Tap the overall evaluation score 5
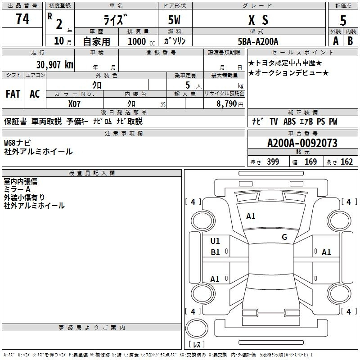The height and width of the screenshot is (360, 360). point(343,20)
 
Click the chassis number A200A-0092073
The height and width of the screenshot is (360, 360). point(302,143)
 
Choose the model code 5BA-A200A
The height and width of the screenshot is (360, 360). point(258,41)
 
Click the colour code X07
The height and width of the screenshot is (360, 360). point(75,103)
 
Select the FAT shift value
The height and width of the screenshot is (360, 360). point(13,94)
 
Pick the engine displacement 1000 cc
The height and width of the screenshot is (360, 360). point(140,41)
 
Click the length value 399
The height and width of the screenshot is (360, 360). point(273,162)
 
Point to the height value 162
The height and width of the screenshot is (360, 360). point(346,162)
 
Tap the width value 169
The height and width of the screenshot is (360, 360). point(310,162)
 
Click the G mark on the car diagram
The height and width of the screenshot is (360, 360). point(284,237)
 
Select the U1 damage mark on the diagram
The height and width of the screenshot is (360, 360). point(215,241)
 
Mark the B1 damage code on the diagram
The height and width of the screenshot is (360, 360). point(215,252)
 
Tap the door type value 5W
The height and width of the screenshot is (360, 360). point(175,20)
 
